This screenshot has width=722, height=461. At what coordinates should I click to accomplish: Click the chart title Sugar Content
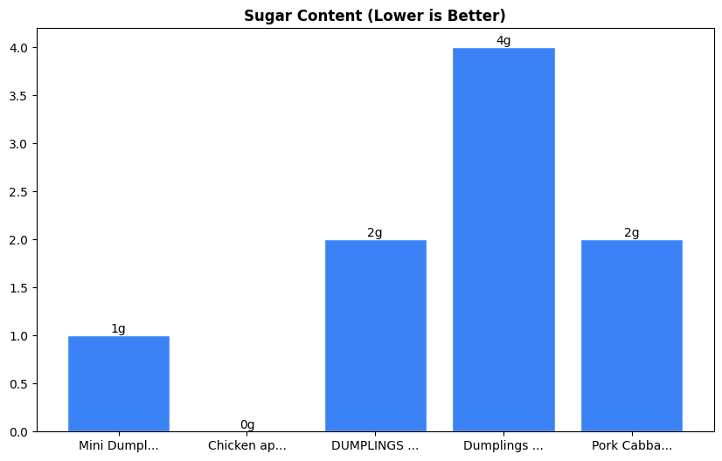coord(374,16)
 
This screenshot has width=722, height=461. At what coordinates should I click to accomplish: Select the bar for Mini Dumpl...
coord(119,383)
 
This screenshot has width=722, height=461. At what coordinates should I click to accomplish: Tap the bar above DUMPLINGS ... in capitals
coord(375,335)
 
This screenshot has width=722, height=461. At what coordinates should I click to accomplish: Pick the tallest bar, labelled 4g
coord(503,239)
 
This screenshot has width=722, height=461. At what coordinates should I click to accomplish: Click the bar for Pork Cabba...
coord(631,335)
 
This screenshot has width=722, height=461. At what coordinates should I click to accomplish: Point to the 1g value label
coord(118,329)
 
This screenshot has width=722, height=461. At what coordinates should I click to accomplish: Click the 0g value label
coord(247,425)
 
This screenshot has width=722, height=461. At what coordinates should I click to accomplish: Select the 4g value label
coord(503,41)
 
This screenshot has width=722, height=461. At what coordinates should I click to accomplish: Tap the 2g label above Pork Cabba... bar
coord(631,233)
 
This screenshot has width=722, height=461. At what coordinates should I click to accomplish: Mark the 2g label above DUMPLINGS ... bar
coord(375,233)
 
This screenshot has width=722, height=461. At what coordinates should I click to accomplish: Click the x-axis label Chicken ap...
coord(246,446)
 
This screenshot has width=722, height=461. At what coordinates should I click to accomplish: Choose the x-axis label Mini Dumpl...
coord(119,446)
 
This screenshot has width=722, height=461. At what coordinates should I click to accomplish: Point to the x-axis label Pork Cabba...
coord(631,446)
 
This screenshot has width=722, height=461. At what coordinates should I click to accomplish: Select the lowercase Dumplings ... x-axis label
coord(503,446)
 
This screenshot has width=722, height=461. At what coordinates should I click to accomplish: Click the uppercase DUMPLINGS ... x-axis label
coord(375,446)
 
